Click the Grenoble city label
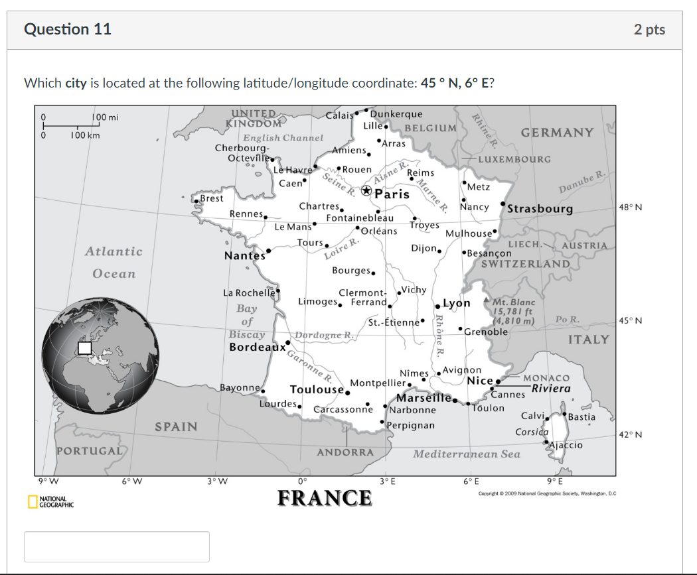pos(486,332)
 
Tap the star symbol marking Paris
pos(366,191)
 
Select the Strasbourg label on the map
pos(540,209)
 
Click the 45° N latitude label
pos(630,320)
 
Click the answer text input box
pos(117,546)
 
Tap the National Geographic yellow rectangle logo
pos(32,502)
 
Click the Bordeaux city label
pos(257,347)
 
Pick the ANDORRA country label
pos(345,452)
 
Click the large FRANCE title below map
pos(325,497)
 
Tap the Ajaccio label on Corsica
pos(566,445)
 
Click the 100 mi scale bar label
pos(105,118)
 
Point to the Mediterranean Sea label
pos(466,454)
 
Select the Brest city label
pos(212,198)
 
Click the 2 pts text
pos(649,29)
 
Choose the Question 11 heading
pos(68,29)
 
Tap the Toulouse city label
pos(316,389)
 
